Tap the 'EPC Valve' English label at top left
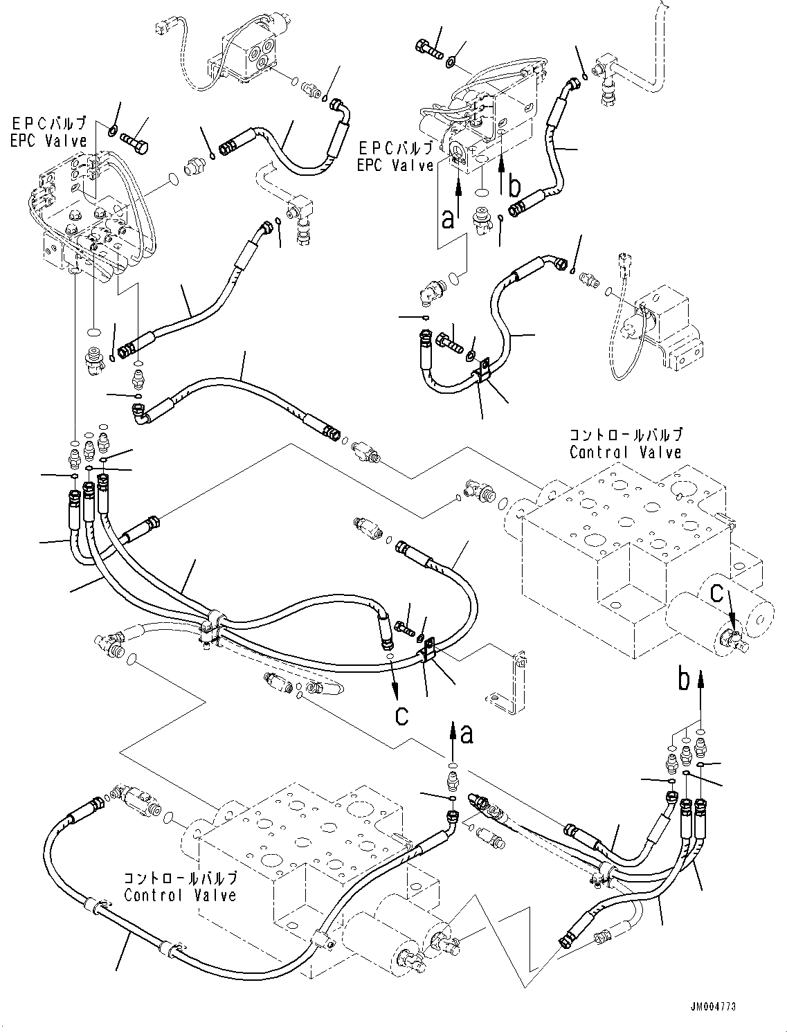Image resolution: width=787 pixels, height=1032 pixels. pyautogui.click(x=49, y=141)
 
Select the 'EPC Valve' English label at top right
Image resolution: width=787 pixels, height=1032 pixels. pyautogui.click(x=395, y=165)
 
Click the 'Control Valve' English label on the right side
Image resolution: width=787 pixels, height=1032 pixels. pyautogui.click(x=625, y=452)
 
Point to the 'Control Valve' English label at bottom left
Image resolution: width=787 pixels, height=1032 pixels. pyautogui.click(x=180, y=895)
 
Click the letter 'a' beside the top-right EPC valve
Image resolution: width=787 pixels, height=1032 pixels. pyautogui.click(x=448, y=219)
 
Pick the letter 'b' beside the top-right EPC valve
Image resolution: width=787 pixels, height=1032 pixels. pyautogui.click(x=515, y=186)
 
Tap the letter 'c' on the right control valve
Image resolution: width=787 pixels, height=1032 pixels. pyautogui.click(x=716, y=594)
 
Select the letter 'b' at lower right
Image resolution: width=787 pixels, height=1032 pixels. pyautogui.click(x=685, y=680)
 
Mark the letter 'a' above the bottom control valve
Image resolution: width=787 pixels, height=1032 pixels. pyautogui.click(x=467, y=735)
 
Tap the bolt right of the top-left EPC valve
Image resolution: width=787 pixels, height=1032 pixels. pyautogui.click(x=134, y=142)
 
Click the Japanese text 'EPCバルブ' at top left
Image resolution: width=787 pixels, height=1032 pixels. pyautogui.click(x=49, y=123)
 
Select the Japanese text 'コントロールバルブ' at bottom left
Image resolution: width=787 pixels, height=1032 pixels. pyautogui.click(x=181, y=878)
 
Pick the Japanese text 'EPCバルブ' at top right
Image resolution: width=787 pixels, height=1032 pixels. pyautogui.click(x=395, y=149)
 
